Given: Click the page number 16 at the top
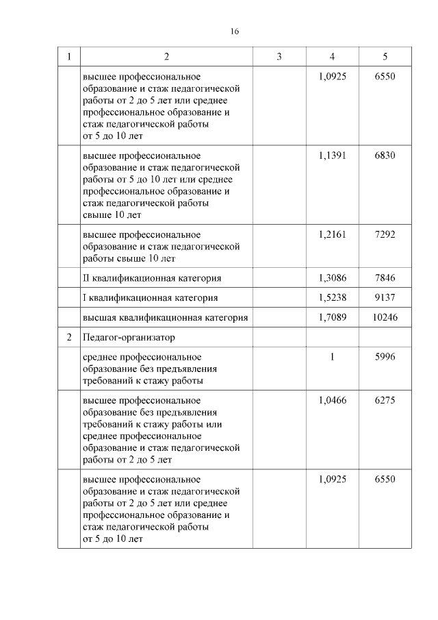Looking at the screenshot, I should (234, 32).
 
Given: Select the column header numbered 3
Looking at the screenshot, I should (279, 57).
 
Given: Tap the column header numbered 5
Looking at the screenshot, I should (385, 57).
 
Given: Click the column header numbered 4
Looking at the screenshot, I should (332, 57).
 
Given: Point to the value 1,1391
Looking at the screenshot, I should (332, 156).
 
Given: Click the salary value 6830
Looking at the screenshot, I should (385, 156).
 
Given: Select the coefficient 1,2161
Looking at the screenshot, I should (332, 234).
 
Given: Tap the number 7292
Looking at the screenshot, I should (385, 234).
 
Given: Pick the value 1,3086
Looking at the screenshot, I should (332, 278).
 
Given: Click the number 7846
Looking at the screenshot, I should (385, 278).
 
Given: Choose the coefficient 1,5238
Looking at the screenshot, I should (332, 298).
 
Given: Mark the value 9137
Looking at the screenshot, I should (385, 298).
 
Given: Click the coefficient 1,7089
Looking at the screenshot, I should (332, 318).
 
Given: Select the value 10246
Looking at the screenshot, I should (385, 318).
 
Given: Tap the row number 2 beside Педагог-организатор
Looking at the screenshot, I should (68, 338).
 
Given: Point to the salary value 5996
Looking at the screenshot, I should (385, 357).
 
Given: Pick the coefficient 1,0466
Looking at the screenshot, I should (332, 401).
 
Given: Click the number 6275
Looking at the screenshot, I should (385, 401).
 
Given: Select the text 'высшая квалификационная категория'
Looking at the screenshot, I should (165, 318).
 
